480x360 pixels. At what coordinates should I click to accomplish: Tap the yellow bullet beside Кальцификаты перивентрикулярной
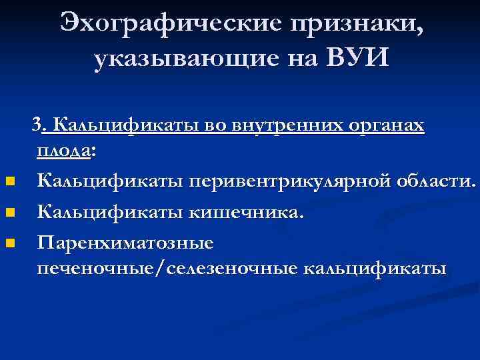click(9, 181)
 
